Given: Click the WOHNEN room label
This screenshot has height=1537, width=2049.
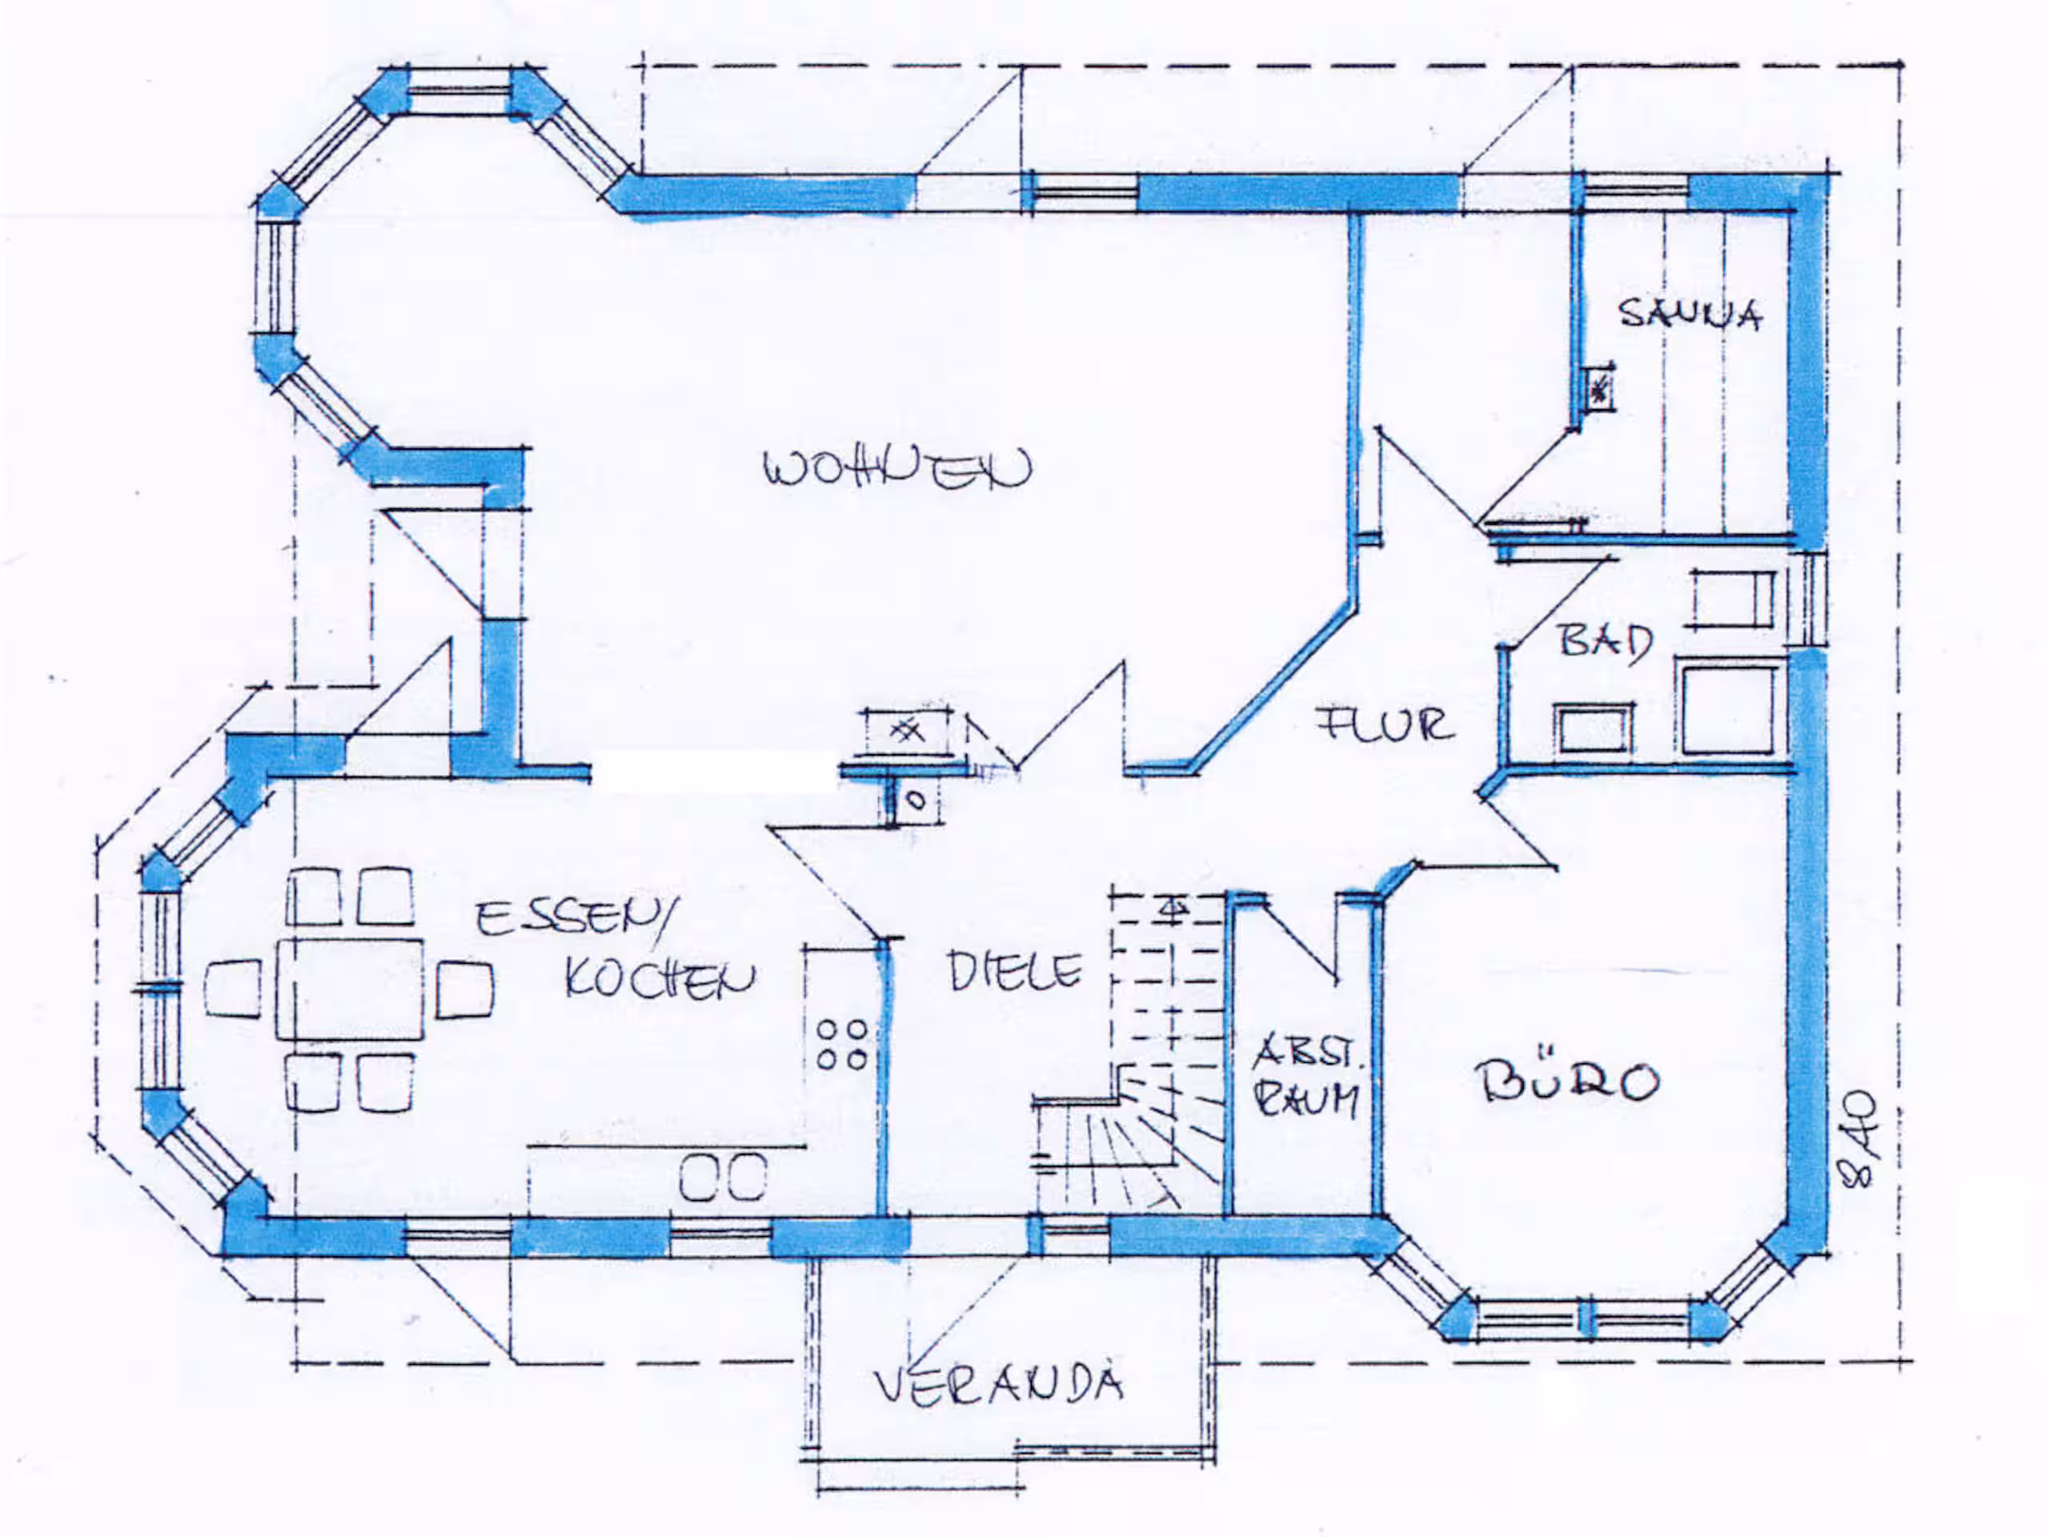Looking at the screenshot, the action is click(896, 469).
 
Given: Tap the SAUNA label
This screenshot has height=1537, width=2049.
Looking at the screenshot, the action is click(1690, 314).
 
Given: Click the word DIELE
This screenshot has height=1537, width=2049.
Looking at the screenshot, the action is click(1014, 971).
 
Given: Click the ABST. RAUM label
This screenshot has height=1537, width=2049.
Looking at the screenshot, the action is click(1306, 1078).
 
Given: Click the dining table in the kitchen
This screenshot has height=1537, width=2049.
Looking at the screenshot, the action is click(349, 989).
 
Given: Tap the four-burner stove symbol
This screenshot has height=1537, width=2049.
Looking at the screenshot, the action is click(842, 1044).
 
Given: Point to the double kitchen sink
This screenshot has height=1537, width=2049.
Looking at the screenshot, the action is click(724, 1178).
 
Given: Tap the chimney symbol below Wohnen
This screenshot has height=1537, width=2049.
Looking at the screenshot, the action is click(907, 732).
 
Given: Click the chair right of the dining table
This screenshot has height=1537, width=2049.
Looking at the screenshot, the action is click(464, 989).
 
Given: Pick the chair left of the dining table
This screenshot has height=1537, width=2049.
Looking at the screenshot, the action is click(232, 989).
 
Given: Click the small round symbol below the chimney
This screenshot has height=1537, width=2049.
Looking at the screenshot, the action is click(916, 801).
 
